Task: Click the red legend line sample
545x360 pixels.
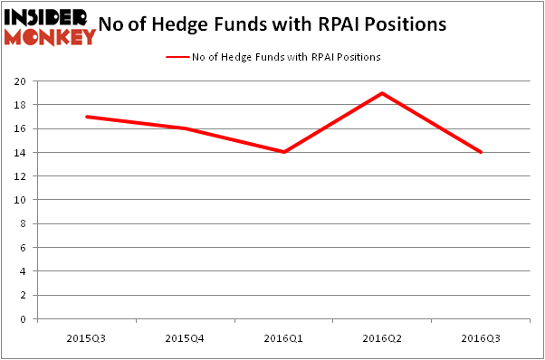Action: click(x=177, y=57)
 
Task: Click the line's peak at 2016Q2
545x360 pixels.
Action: click(x=382, y=93)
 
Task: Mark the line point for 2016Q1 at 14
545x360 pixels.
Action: click(x=283, y=152)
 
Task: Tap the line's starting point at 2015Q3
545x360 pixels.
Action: click(x=86, y=117)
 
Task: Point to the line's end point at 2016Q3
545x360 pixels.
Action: click(x=481, y=152)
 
